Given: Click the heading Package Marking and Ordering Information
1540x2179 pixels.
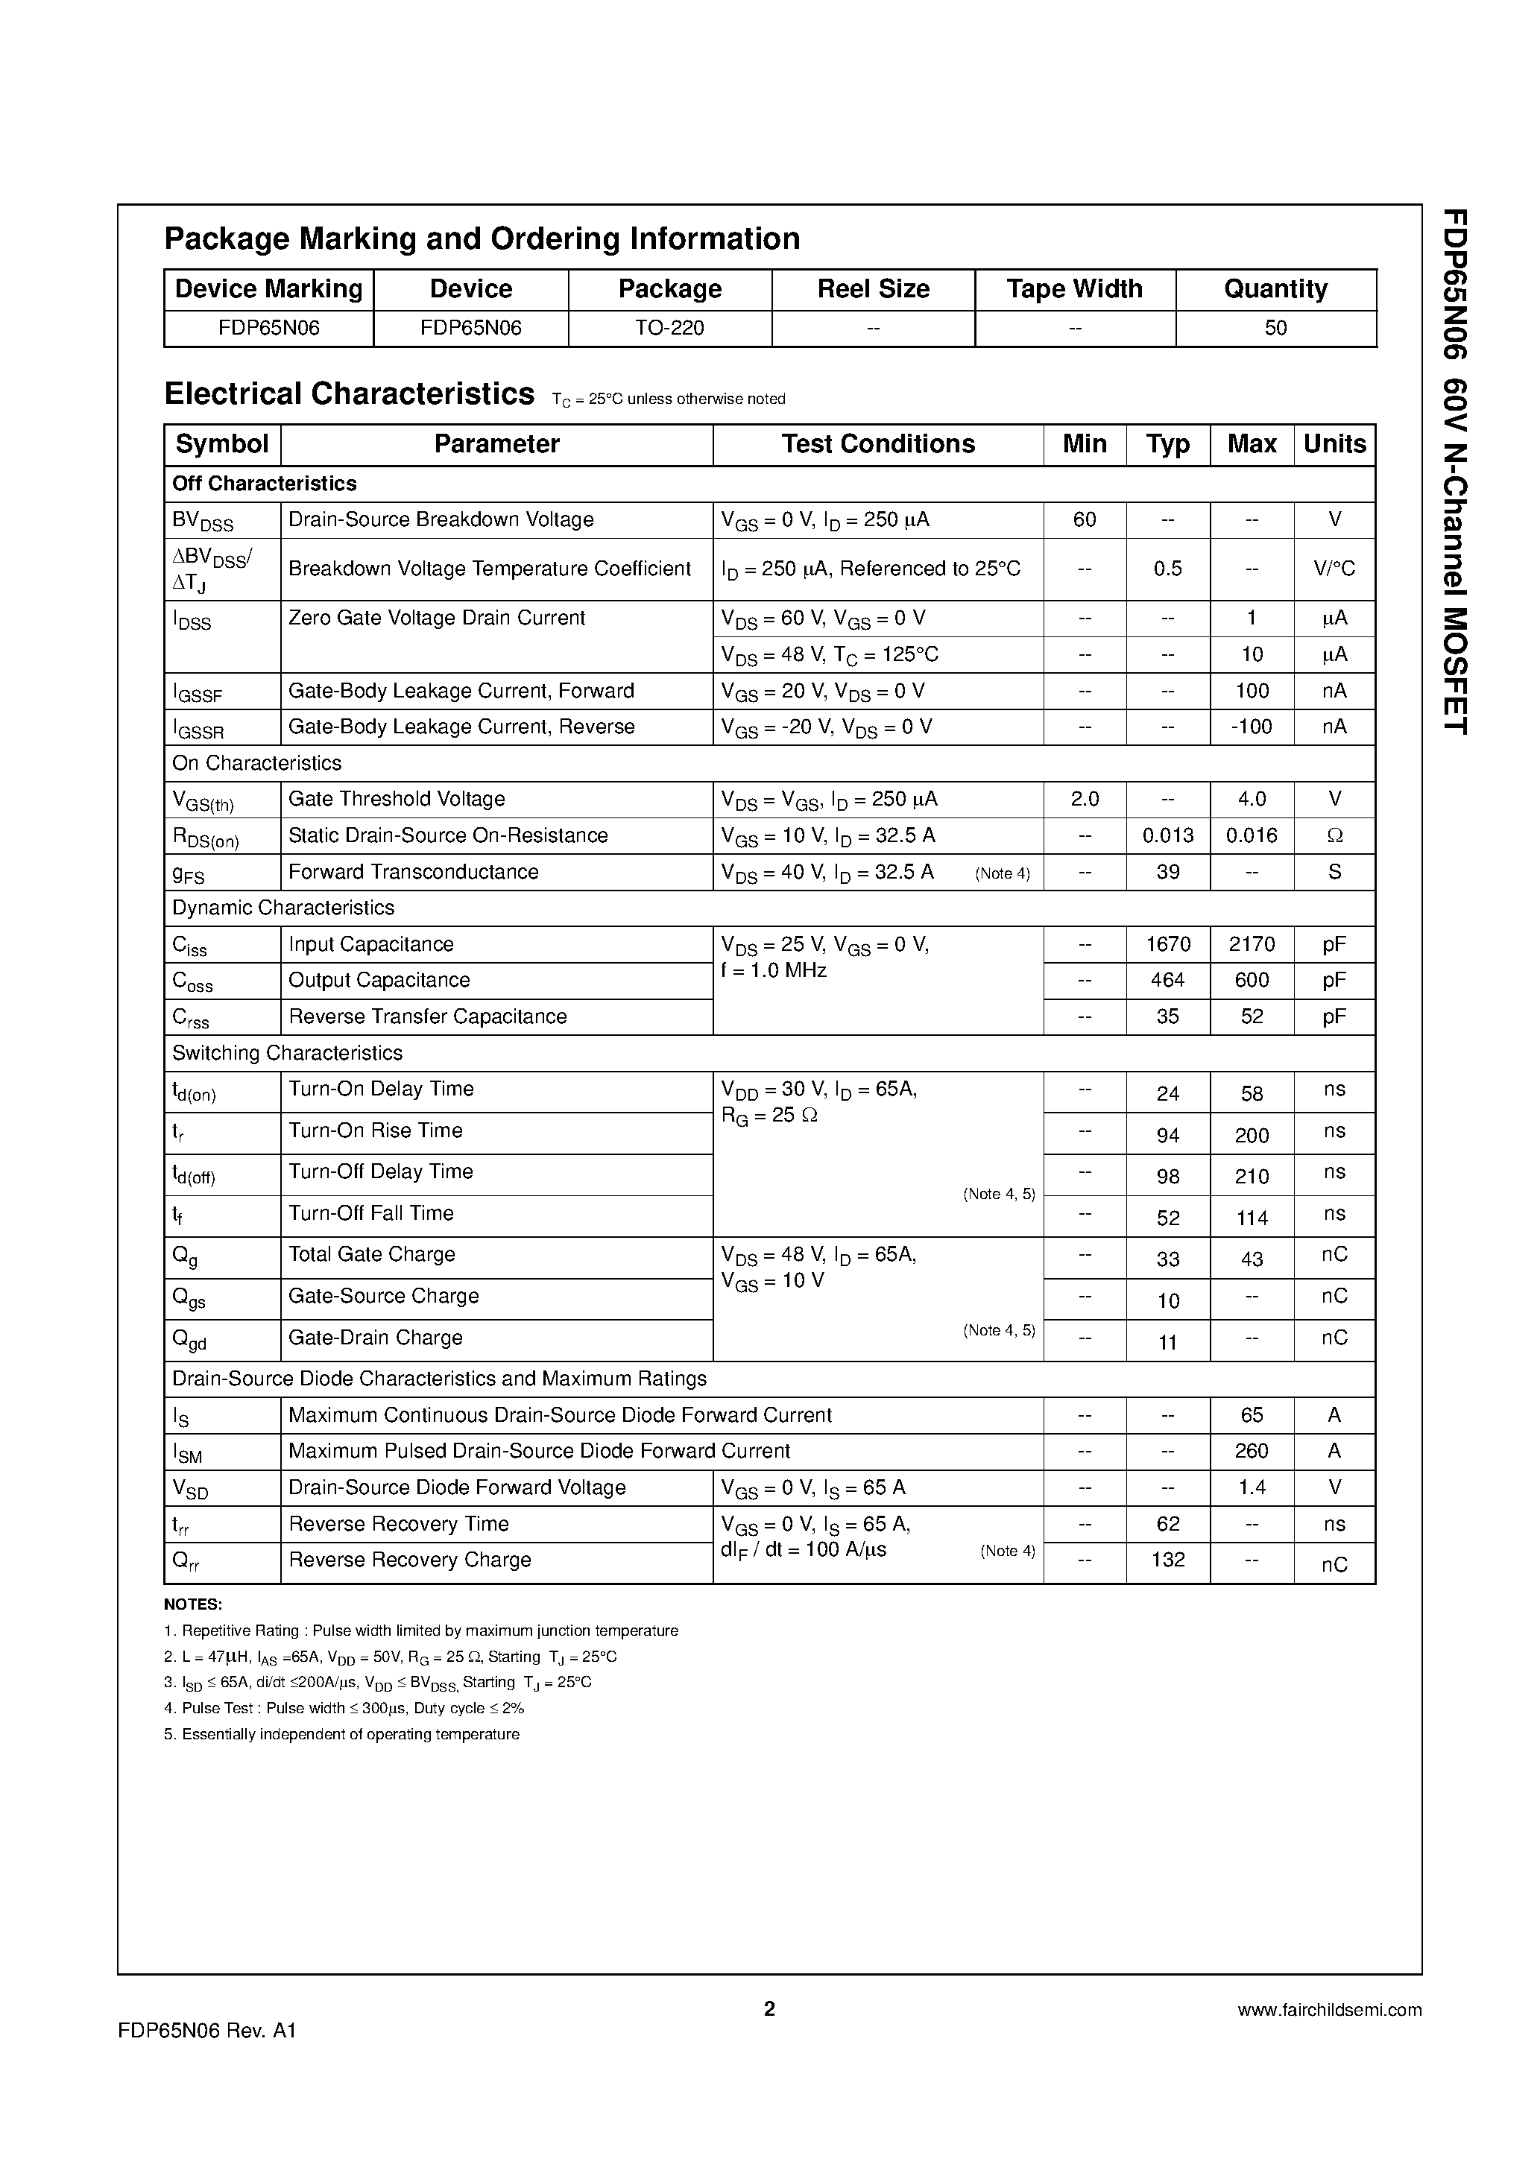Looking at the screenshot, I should (x=482, y=238).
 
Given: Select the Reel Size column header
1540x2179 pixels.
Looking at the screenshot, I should (x=873, y=288).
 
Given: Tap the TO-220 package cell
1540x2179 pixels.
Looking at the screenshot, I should (x=669, y=329).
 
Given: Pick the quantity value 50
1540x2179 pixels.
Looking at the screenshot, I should (x=1275, y=329).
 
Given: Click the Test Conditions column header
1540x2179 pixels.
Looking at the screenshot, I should (x=877, y=444).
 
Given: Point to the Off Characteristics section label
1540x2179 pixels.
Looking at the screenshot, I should (x=264, y=484).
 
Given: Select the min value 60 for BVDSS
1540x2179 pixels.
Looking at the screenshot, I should (x=1085, y=520).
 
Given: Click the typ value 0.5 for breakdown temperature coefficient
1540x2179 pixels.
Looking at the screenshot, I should (x=1168, y=569).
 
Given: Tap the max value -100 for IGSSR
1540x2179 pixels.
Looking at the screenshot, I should (x=1252, y=727).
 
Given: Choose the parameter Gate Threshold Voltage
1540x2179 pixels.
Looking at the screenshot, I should (x=396, y=799).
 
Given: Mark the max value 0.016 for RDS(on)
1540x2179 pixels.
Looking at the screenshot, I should (x=1252, y=836).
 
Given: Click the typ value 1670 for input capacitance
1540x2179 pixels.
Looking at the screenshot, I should (x=1168, y=944).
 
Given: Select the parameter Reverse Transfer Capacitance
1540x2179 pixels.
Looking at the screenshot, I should (x=427, y=1016).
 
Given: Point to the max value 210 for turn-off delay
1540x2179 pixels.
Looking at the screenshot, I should (x=1252, y=1177).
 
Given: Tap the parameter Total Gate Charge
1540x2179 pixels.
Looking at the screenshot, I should (x=371, y=1255).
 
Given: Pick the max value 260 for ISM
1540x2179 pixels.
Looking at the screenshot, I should (x=1252, y=1451).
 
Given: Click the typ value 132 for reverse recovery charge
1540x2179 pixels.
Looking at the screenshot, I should (x=1168, y=1560).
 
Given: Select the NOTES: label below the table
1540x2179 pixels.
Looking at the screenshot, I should (x=193, y=1605).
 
